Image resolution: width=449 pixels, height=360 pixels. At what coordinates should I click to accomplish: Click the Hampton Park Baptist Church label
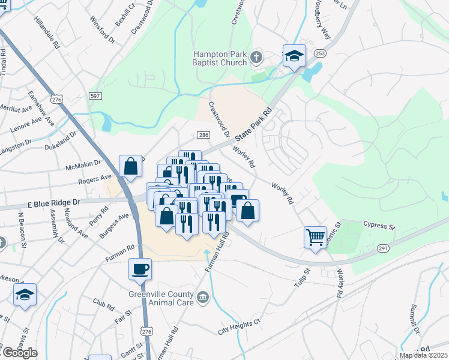tap(220, 58)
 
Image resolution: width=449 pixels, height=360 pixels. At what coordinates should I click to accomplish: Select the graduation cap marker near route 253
tap(294, 56)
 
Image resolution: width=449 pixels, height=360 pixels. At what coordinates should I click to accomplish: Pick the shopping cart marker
tap(315, 238)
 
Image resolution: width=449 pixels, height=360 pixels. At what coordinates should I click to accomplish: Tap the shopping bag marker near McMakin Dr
tap(130, 167)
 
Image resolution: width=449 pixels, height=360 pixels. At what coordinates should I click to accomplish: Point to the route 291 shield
tap(384, 248)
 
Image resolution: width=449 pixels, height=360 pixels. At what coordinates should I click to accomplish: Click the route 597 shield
tap(95, 96)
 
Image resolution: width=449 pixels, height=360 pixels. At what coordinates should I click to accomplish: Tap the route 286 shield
tap(203, 136)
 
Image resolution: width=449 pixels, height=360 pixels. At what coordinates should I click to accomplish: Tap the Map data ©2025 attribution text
tap(423, 355)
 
